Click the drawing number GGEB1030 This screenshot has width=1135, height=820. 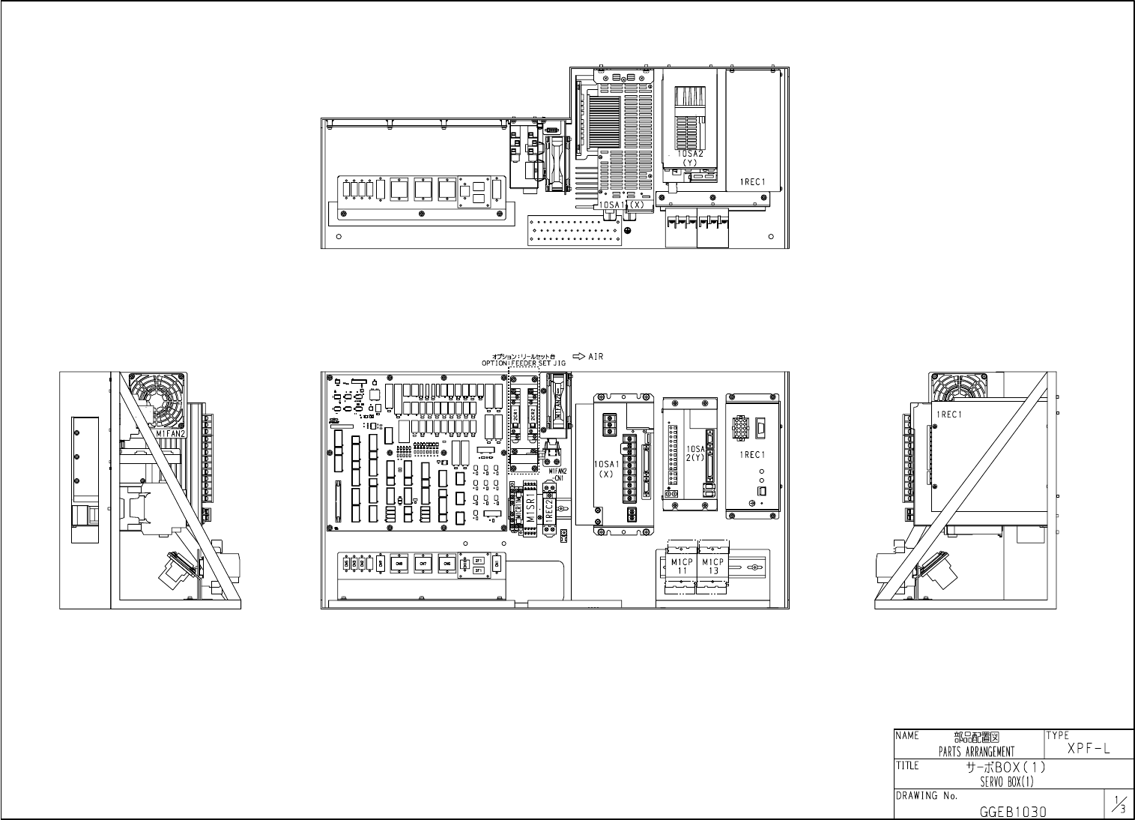1013,811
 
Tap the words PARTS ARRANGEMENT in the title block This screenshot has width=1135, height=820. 976,752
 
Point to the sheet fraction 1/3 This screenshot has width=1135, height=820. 1119,805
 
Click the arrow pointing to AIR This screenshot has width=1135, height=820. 578,357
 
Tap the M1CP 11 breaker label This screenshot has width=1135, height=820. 682,566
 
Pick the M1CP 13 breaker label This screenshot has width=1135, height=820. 712,566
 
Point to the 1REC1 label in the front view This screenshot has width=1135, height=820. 751,455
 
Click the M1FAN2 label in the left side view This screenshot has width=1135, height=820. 172,433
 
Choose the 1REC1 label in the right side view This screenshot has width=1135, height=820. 948,414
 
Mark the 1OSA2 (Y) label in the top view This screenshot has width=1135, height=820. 690,157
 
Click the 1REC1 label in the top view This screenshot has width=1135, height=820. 753,181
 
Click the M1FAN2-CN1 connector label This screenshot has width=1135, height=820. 557,474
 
